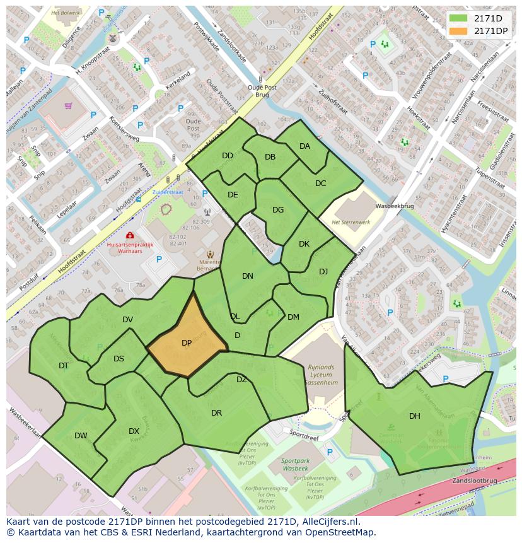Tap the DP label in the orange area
pyautogui.click(x=187, y=343)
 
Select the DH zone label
pyautogui.click(x=414, y=416)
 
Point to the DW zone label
pyautogui.click(x=81, y=436)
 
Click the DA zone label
pyautogui.click(x=304, y=146)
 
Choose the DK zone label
pyautogui.click(x=304, y=244)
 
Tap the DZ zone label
pyautogui.click(x=241, y=380)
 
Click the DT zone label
pyautogui.click(x=64, y=366)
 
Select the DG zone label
pyautogui.click(x=278, y=210)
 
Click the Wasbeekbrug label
pyautogui.click(x=394, y=206)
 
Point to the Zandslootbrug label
pyautogui.click(x=473, y=481)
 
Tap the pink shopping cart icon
pyautogui.click(x=68, y=106)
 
